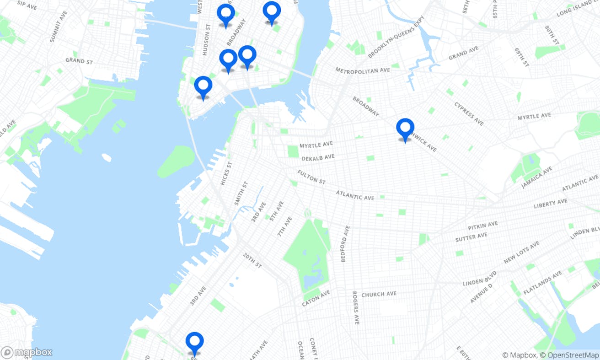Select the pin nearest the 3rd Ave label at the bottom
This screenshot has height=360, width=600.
click(194, 342)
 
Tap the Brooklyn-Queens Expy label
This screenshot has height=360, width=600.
click(396, 37)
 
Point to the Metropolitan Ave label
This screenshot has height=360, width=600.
click(363, 70)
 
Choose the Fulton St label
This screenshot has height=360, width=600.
click(311, 177)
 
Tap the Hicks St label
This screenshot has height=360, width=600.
click(223, 173)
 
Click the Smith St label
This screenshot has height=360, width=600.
click(241, 193)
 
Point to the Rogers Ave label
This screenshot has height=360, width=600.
click(355, 307)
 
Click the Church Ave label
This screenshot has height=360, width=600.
click(379, 294)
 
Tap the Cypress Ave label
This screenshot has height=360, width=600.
click(469, 113)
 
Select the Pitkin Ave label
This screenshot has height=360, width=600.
click(482, 226)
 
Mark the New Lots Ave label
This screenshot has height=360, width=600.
click(521, 253)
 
